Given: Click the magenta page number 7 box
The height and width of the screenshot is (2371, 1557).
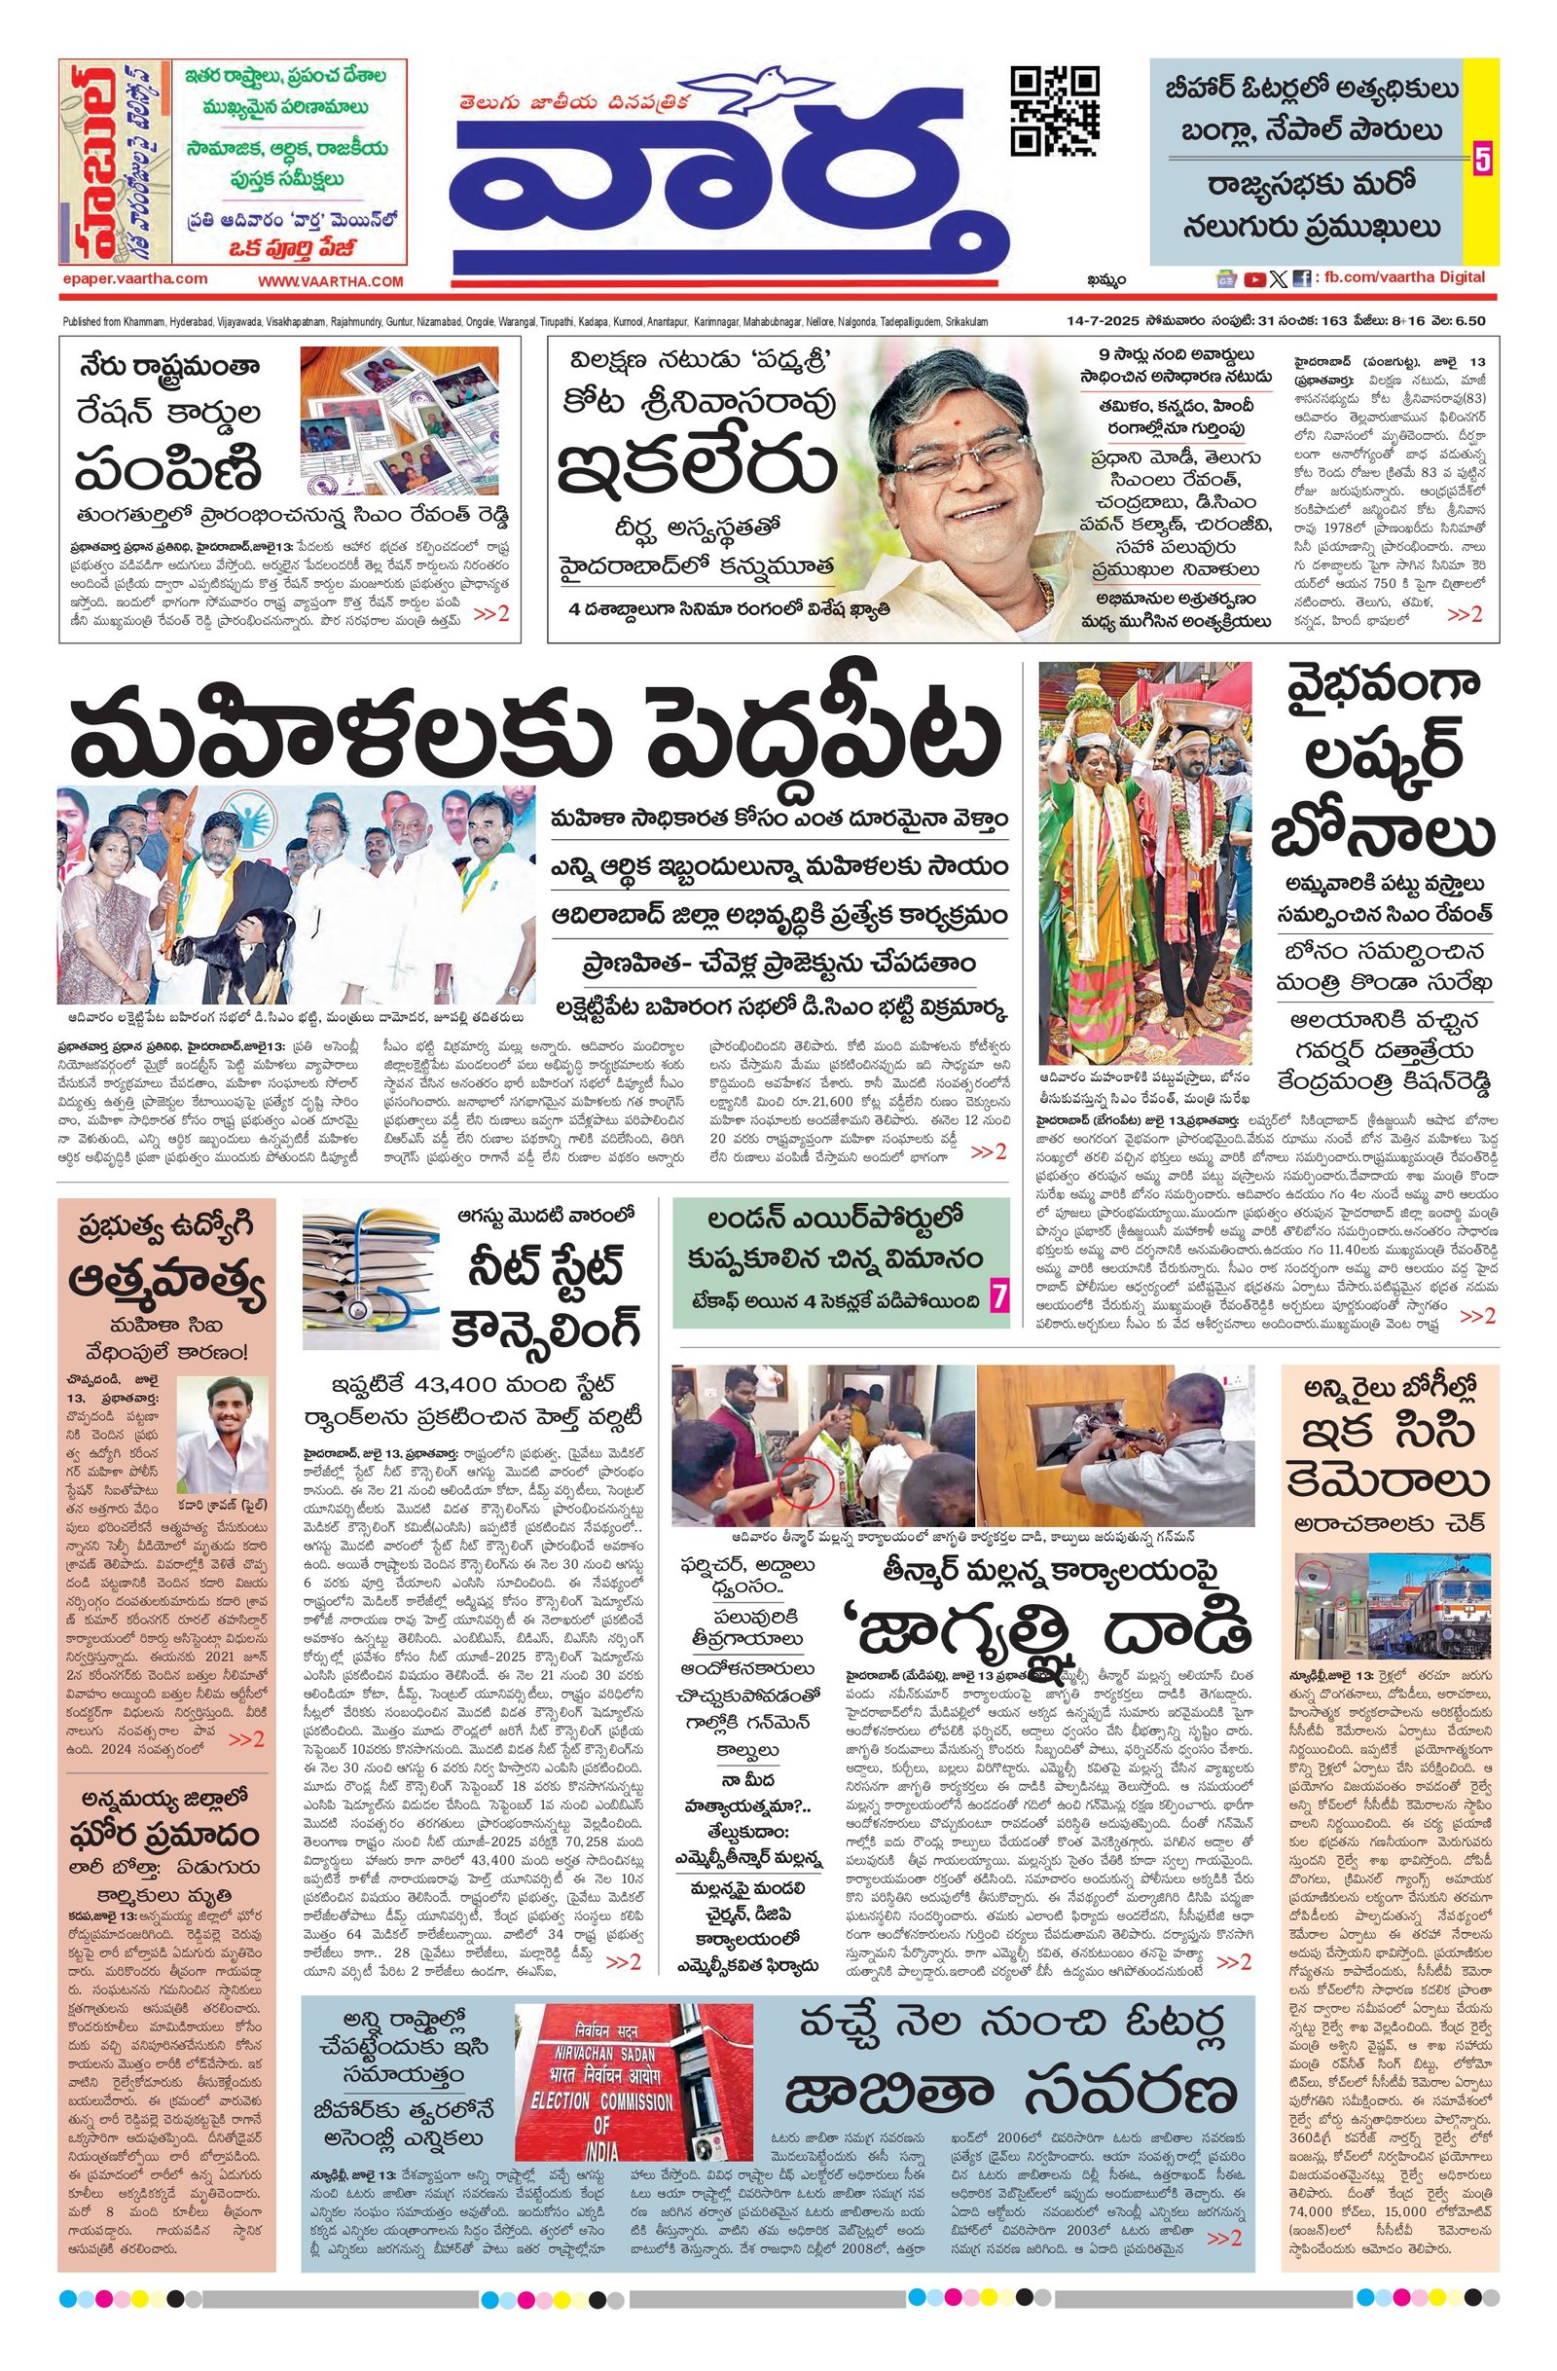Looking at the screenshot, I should [997, 1297].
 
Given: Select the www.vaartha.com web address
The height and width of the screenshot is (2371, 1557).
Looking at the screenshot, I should [331, 282].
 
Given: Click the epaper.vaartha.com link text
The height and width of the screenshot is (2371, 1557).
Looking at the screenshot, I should [133, 280].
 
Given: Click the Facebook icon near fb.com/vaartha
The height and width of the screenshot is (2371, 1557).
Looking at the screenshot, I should [1301, 280].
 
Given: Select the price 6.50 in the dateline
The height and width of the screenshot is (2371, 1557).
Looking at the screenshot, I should [1469, 321].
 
